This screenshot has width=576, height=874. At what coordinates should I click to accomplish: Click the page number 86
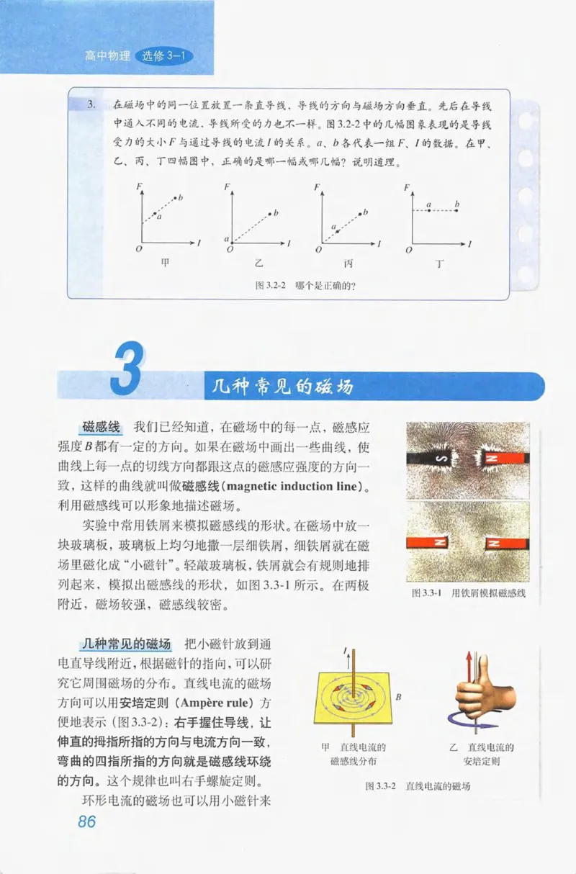point(86,821)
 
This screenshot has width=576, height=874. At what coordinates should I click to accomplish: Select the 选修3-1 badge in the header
point(165,56)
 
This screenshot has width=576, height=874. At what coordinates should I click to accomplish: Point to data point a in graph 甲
point(154,213)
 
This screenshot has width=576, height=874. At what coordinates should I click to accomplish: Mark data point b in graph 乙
point(270,212)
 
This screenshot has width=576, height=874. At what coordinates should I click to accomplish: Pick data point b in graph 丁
point(457,210)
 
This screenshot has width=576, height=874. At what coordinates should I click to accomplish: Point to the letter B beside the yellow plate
point(398,697)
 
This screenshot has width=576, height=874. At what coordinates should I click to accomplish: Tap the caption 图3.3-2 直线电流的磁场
point(418,786)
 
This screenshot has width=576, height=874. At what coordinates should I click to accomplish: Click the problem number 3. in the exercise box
point(91,104)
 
